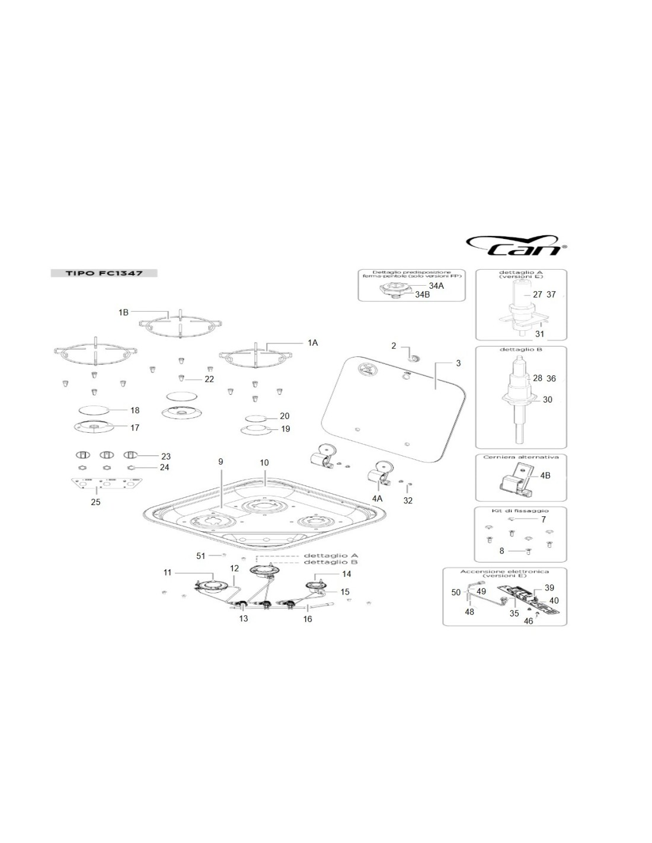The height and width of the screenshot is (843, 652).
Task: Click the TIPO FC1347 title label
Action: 103,273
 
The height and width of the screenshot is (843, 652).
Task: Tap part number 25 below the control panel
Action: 95,502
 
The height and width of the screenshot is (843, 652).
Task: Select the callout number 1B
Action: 123,312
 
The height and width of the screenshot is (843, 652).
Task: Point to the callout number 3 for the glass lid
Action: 458,363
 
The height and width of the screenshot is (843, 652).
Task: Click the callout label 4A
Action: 377,499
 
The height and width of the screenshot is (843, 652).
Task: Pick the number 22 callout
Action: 209,379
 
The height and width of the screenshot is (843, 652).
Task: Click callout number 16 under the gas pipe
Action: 307,619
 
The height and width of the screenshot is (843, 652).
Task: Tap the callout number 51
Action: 200,555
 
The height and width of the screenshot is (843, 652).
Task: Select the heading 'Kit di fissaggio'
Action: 520,510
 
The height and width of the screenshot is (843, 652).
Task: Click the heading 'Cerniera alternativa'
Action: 520,457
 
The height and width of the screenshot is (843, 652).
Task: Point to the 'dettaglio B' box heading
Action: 520,350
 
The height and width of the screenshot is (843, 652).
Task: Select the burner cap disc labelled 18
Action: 94,410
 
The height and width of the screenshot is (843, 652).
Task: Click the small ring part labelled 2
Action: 413,357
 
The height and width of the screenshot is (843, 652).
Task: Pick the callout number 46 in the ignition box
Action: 528,621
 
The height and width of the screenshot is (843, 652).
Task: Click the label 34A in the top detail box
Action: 436,286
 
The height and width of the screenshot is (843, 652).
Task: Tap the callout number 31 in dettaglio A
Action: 539,334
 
